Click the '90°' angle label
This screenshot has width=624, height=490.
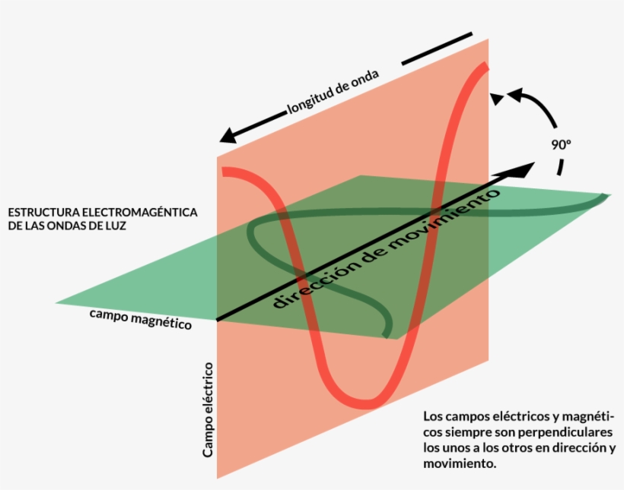click(561, 142)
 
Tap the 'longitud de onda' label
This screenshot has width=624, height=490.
click(333, 94)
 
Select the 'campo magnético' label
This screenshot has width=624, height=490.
click(140, 318)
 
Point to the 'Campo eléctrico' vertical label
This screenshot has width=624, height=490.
click(207, 409)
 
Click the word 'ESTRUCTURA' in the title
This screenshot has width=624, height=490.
click(41, 212)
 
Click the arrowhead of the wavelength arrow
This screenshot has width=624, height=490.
click(226, 138)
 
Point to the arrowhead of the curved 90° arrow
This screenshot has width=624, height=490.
click(497, 97)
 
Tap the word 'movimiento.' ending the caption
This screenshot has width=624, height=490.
click(460, 463)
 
